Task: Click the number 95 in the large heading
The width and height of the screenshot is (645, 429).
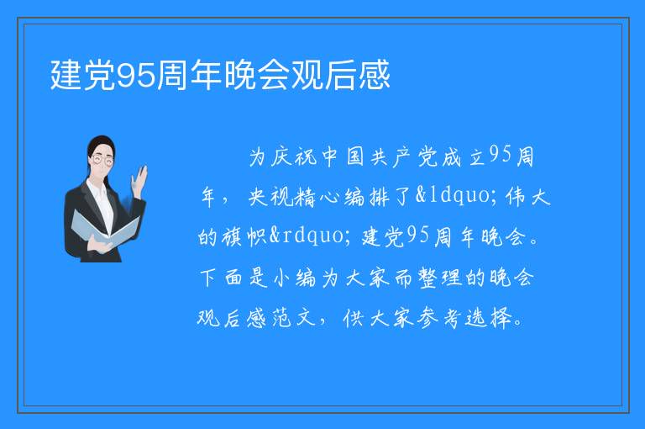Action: point(137,76)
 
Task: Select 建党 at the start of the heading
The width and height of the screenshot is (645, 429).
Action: point(83,75)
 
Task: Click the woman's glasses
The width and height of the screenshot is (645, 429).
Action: point(102,159)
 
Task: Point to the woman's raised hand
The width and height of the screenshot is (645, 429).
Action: point(139,180)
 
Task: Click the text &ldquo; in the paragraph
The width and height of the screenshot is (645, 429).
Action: point(458,195)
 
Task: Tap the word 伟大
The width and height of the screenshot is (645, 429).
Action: point(528,196)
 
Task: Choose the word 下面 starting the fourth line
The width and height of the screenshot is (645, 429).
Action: point(221,278)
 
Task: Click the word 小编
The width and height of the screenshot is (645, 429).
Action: point(295,278)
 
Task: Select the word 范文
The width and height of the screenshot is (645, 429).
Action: point(293,318)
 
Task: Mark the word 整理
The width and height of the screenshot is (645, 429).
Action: point(440,278)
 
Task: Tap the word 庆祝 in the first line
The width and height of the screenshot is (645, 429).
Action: point(294,157)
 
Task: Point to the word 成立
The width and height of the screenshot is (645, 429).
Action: point(464,157)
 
